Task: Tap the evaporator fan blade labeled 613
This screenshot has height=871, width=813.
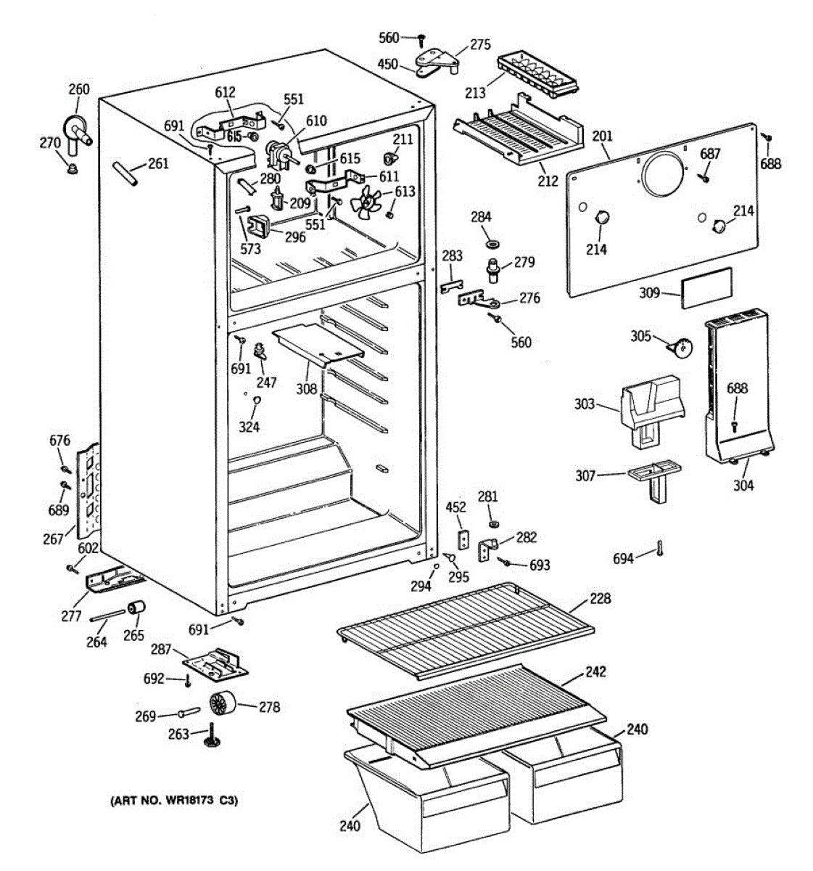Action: click(x=368, y=201)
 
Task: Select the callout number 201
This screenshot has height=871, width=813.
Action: click(x=602, y=136)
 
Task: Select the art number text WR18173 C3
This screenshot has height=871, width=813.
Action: click(x=173, y=801)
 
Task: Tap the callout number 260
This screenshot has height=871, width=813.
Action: click(x=78, y=89)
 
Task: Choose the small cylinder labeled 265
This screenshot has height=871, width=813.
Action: click(x=136, y=608)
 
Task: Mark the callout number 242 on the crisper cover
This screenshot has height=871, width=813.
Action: click(x=595, y=671)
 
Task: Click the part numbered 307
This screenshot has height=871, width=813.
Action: click(x=652, y=478)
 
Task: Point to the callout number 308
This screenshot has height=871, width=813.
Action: click(x=306, y=389)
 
